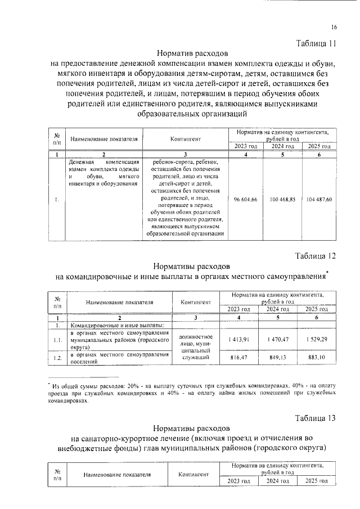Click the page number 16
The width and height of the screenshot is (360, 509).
point(334,27)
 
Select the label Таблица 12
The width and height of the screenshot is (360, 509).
point(316,256)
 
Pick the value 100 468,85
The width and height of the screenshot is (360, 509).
point(282,200)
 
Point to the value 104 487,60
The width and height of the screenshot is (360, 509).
point(319,200)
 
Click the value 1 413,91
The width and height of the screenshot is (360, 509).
point(242,340)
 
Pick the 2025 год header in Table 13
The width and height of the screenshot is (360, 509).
point(317,481)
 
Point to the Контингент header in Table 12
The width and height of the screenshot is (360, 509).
point(196,302)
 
